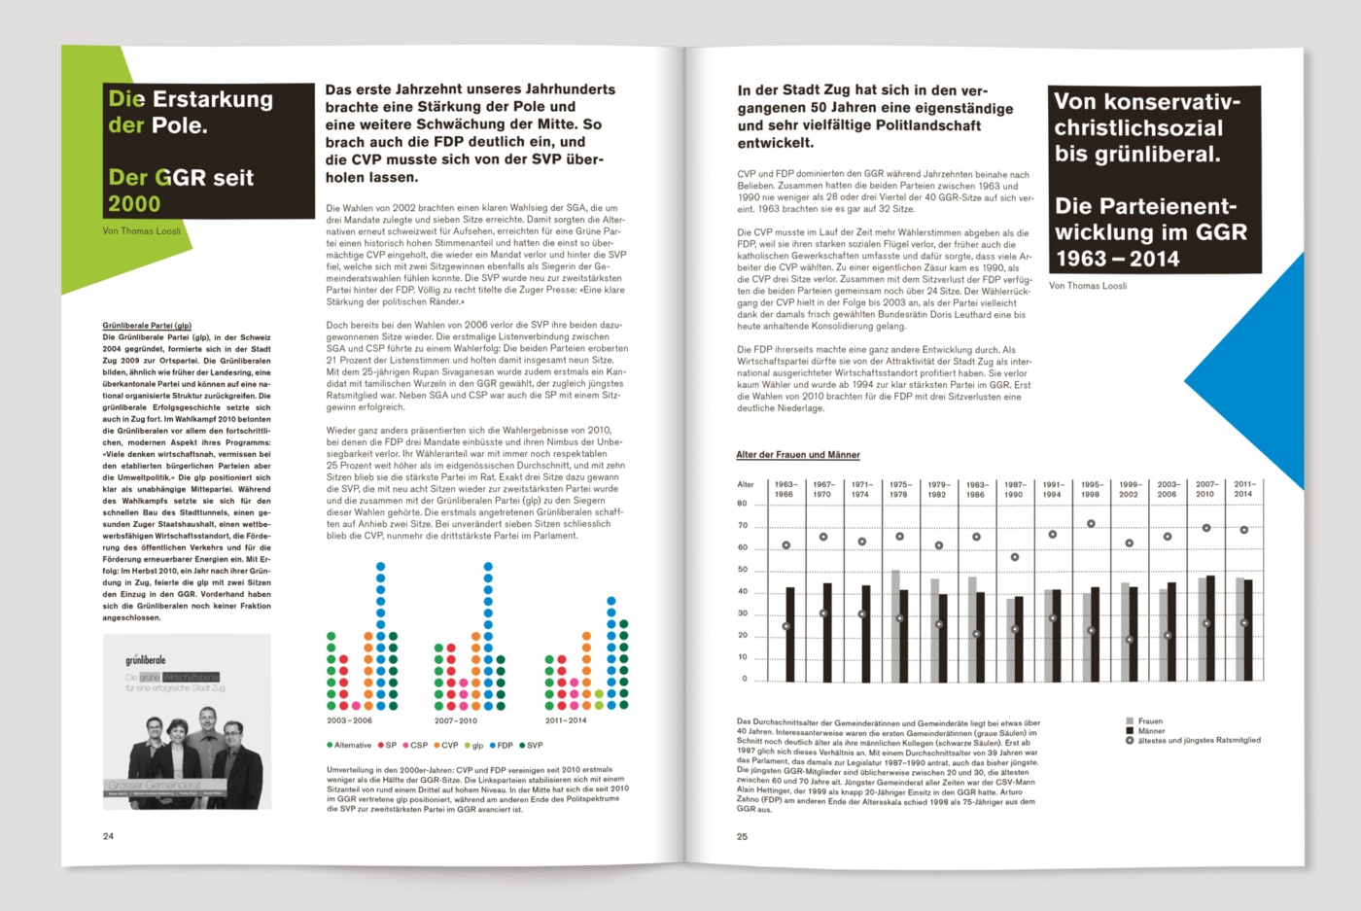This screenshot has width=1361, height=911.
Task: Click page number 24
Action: [108, 836]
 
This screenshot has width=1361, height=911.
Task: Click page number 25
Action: [742, 836]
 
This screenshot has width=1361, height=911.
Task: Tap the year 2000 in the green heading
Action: [134, 204]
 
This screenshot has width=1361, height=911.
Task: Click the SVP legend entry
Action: [532, 746]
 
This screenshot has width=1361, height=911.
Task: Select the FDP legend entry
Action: [502, 746]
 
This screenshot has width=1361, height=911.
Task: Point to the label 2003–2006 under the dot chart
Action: [349, 720]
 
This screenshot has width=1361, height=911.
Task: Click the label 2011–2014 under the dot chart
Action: [566, 720]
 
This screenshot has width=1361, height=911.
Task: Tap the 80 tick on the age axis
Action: [742, 504]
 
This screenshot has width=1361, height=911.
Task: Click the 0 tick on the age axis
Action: [745, 679]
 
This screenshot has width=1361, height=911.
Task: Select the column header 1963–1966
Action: [785, 489]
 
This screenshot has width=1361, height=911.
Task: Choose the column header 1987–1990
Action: [1014, 489]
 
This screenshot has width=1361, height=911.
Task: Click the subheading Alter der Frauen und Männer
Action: [797, 455]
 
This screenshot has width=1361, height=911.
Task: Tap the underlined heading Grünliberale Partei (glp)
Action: [147, 326]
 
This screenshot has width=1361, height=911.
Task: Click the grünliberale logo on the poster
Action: [146, 660]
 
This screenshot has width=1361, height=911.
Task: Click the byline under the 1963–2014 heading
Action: [1088, 286]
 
